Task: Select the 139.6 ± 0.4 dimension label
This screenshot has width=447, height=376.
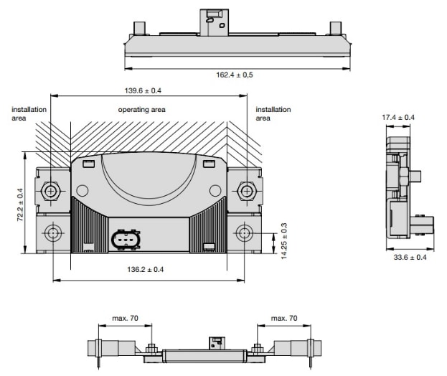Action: click(x=148, y=90)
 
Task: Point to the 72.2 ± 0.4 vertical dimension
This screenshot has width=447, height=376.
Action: click(x=19, y=203)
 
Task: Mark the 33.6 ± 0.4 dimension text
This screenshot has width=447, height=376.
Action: click(x=406, y=257)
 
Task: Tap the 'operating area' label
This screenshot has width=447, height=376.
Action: click(x=141, y=110)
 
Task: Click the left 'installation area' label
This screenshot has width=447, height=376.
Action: click(x=29, y=113)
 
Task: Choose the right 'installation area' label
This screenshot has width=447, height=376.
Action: click(x=273, y=113)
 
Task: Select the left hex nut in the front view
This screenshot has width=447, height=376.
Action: click(x=51, y=191)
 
